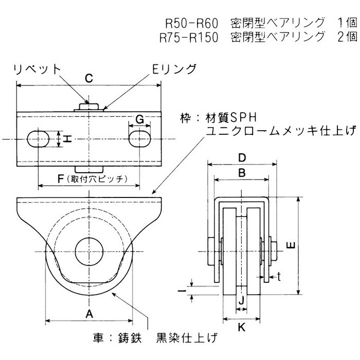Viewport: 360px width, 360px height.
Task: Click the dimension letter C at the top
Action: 88,78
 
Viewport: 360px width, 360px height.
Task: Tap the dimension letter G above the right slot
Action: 139,119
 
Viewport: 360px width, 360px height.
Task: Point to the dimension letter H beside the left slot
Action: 63,139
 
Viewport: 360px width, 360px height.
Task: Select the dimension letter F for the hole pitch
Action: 61,178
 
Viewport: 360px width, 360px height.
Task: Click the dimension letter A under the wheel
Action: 88,313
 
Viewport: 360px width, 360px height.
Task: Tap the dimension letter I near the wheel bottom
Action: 183,291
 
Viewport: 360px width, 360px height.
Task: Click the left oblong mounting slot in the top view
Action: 38,139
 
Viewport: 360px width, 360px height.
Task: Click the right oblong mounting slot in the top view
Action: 139,139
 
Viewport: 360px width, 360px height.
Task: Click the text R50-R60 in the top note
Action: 192,23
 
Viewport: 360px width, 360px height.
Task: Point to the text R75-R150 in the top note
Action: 189,37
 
